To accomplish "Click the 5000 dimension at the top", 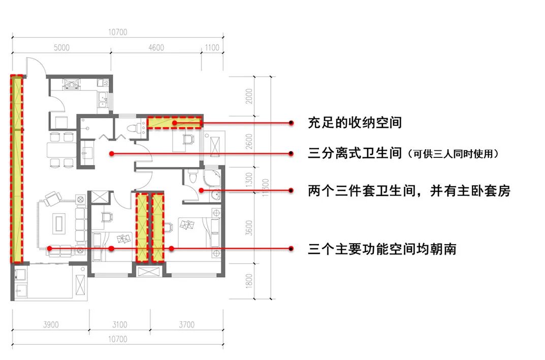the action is click(61, 48).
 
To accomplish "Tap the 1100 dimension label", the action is click(212, 48).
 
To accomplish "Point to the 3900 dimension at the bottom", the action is click(50, 325).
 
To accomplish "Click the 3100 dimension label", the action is click(120, 325).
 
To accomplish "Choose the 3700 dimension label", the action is click(186, 325).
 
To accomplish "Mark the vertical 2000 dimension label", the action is click(248, 96).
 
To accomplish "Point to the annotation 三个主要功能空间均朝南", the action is click(382, 249).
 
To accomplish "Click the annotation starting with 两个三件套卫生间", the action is click(409, 191).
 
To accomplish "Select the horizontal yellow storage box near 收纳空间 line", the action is click(175, 122).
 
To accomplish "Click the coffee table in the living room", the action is click(60, 222).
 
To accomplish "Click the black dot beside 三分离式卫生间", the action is click(291, 153).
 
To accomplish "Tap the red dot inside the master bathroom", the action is click(201, 191).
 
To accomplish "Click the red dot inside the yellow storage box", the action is click(174, 123).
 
